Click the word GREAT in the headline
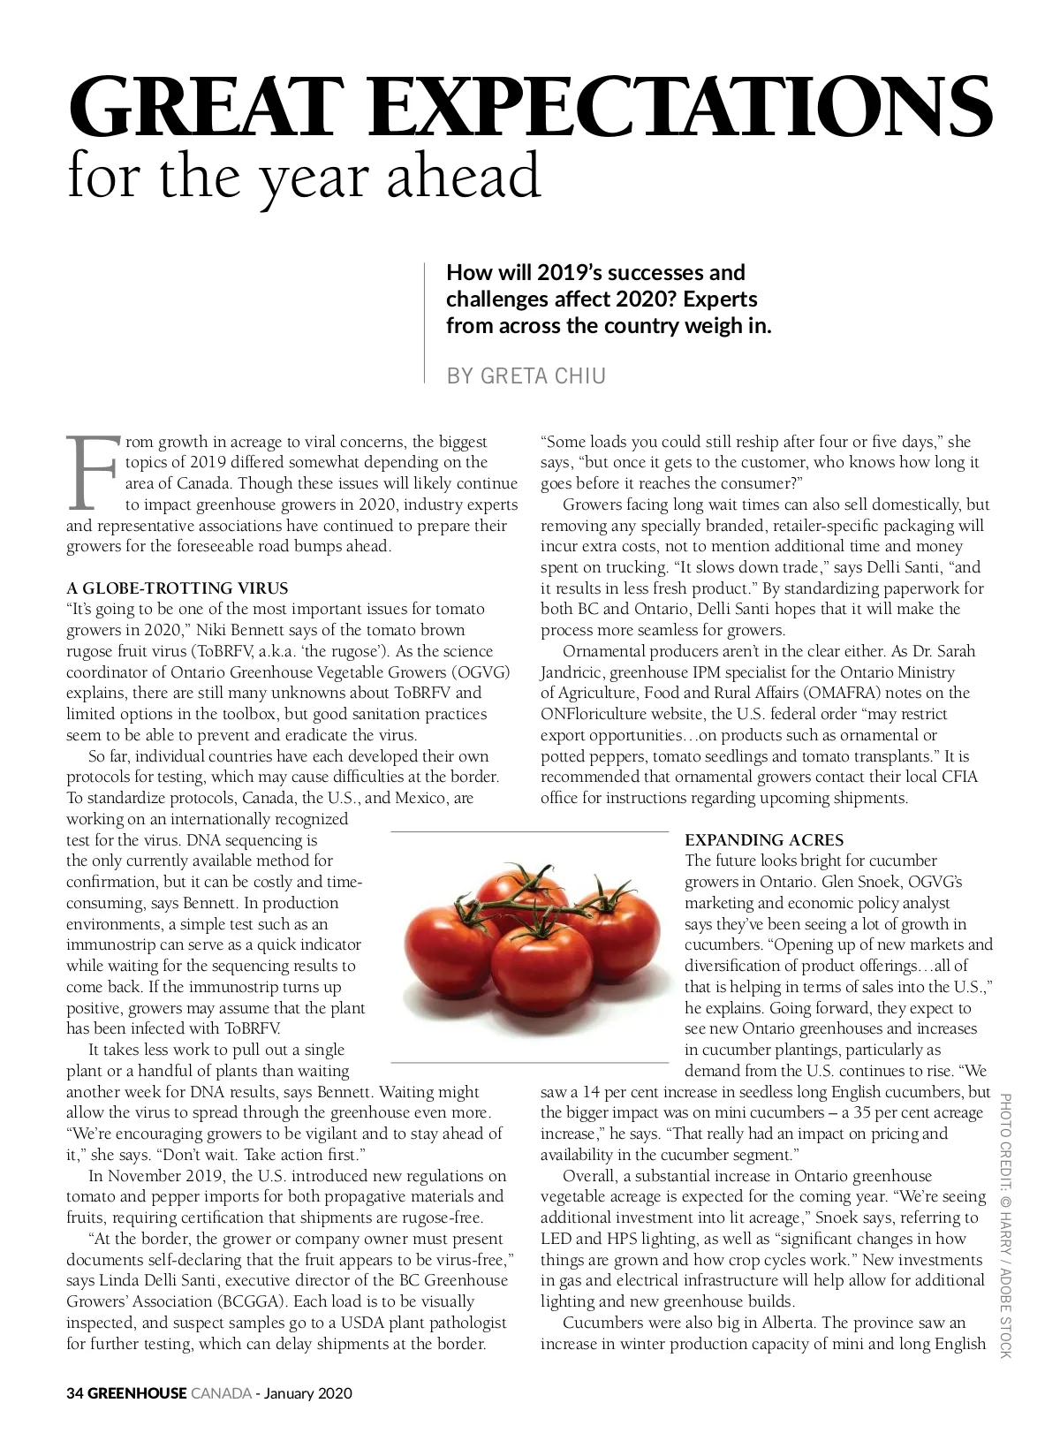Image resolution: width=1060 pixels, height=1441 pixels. (194, 105)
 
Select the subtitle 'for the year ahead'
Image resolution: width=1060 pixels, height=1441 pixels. (304, 176)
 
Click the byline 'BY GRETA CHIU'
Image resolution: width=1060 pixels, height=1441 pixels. (526, 376)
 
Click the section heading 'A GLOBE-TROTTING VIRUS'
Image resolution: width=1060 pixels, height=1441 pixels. (178, 588)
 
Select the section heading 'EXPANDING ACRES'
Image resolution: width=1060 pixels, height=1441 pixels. (764, 840)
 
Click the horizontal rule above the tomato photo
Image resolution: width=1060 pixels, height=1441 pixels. (529, 832)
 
